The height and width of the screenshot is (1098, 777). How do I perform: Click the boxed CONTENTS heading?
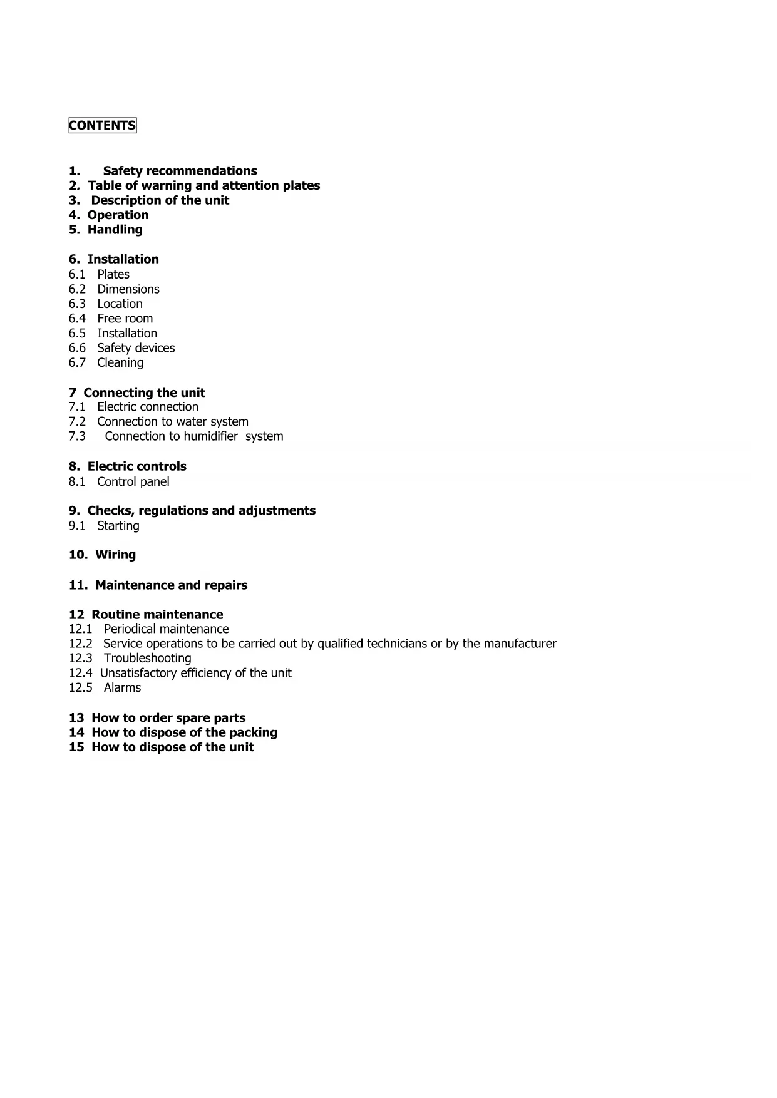[102, 126]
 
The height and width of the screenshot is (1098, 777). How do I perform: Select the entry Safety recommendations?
[180, 171]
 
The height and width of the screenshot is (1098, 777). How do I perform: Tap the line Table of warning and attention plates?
[203, 186]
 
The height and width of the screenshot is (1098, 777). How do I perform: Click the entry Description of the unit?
[160, 200]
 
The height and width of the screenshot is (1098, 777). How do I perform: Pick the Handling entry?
[115, 230]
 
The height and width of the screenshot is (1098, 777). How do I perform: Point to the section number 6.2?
[77, 289]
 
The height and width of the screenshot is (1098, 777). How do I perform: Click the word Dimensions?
[128, 289]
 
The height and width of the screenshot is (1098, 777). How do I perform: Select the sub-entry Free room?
[125, 319]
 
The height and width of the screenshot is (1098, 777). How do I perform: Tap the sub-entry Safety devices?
[136, 348]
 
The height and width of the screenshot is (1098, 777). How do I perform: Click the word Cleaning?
[120, 362]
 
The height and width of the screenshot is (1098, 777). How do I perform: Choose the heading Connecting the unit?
[144, 393]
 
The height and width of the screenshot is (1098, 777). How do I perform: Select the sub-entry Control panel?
[133, 481]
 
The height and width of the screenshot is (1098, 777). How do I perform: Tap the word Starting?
[118, 526]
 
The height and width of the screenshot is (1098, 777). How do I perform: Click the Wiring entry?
[115, 555]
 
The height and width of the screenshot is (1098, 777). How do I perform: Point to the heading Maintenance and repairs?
[171, 585]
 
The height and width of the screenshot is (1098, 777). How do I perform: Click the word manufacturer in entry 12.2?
[520, 644]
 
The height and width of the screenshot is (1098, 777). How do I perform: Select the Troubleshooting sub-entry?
[147, 658]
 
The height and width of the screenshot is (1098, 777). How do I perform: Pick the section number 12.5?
[81, 687]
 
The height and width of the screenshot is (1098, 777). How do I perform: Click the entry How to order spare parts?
[168, 718]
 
